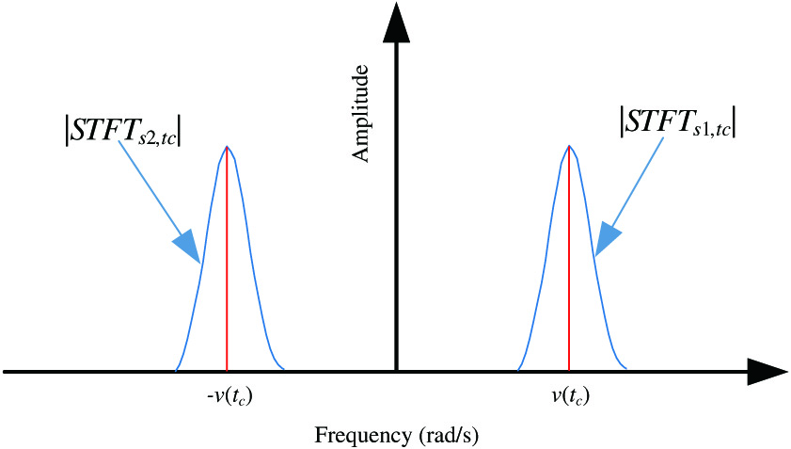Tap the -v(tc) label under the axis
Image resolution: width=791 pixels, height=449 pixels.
point(229,397)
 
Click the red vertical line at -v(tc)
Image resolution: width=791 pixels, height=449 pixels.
point(227,264)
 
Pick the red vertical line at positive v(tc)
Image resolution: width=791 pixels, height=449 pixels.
point(569,264)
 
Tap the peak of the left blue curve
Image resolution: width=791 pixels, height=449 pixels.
point(227,147)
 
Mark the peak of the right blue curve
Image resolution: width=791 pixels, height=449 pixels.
point(569,147)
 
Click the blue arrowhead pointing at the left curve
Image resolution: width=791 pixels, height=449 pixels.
point(187,247)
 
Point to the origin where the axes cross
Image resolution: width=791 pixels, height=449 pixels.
point(397,372)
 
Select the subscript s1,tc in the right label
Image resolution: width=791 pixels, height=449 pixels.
point(708,133)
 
